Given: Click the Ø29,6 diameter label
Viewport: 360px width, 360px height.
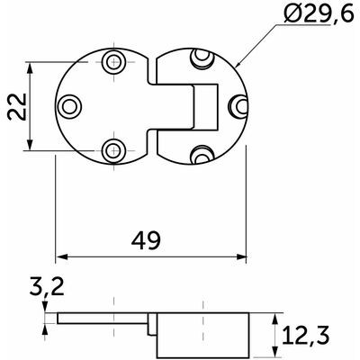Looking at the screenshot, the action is tap(319, 13).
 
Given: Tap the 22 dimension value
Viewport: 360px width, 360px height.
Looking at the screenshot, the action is tap(17, 106).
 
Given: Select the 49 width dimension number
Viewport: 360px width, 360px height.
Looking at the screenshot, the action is tap(146, 240).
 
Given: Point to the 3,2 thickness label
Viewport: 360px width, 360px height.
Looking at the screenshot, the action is tap(47, 286).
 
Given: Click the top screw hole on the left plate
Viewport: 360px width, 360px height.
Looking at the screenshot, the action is tap(113, 62).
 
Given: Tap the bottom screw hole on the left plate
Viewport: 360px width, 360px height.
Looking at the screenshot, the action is tap(113, 150).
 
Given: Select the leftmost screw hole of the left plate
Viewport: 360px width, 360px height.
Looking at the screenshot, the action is tap(69, 106).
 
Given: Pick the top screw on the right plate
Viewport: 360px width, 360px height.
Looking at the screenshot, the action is tap(202, 58).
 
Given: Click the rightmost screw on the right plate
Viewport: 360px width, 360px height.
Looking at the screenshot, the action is tap(239, 106).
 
